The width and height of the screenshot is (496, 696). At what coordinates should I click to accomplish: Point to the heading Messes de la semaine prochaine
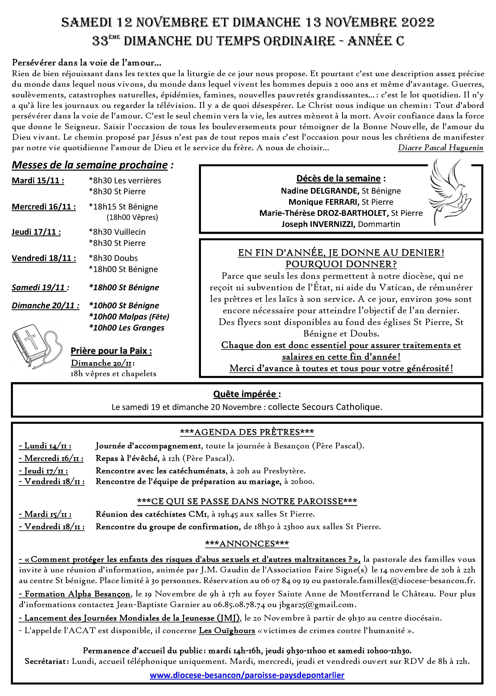click(90, 165)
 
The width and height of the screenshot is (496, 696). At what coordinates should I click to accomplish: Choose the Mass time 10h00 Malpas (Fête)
click(129, 317)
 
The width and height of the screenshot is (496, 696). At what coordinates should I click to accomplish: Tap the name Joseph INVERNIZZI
click(318, 224)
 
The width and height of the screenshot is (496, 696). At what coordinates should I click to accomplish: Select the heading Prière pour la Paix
click(111, 351)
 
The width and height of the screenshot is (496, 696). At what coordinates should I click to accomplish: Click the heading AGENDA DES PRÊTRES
click(247, 432)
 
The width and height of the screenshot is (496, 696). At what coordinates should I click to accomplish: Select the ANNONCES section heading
click(247, 544)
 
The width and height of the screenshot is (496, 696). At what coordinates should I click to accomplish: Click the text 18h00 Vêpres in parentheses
click(132, 217)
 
